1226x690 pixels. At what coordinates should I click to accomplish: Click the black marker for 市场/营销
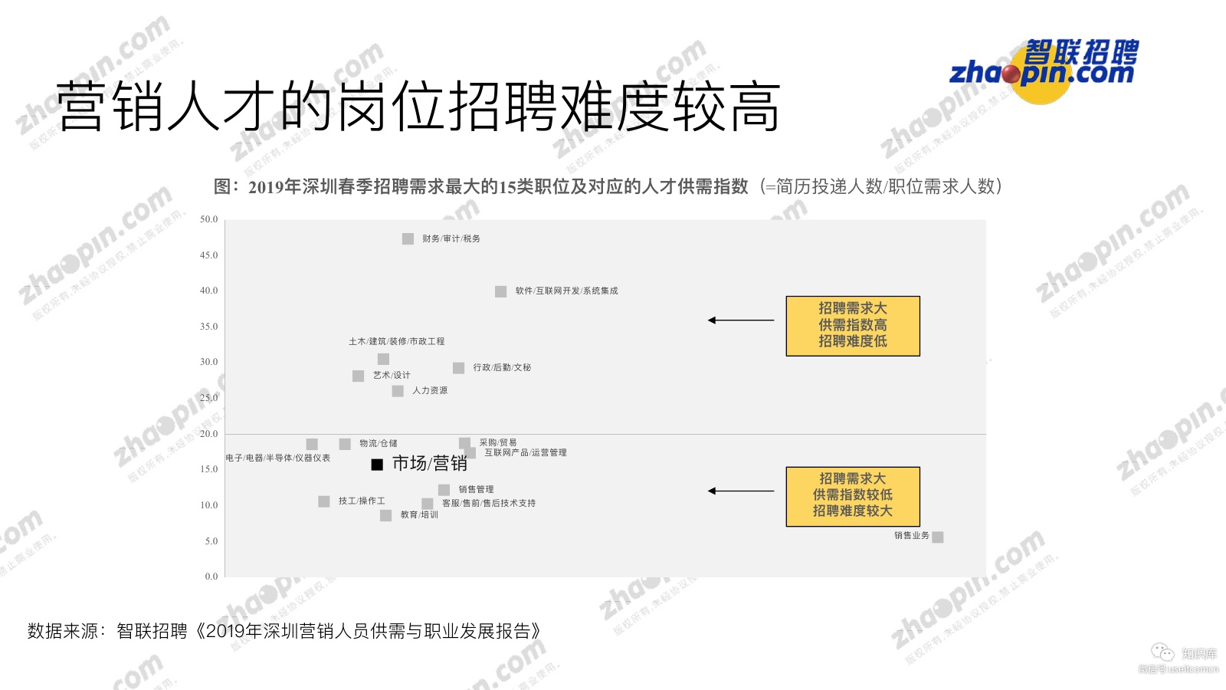point(377,465)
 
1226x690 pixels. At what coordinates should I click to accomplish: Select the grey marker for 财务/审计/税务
point(408,239)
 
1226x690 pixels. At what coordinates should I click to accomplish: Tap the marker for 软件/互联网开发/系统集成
point(500,291)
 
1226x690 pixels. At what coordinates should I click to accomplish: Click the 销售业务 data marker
point(938,537)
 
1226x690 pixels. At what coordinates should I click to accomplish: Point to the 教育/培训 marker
point(385,515)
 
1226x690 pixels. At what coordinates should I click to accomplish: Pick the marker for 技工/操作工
point(324,501)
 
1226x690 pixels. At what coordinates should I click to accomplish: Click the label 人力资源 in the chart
point(430,391)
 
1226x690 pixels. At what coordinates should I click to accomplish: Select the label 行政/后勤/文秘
point(502,368)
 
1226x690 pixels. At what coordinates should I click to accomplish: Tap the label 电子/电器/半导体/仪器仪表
point(278,458)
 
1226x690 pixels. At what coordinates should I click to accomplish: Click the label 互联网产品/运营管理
point(526,453)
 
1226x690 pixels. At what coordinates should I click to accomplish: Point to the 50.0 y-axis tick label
point(208,219)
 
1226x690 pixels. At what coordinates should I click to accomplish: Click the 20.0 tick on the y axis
point(208,434)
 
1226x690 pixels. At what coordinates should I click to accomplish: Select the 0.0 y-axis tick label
point(211,577)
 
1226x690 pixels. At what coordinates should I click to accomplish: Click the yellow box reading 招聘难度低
point(853,326)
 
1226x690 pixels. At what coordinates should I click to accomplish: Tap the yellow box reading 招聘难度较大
point(853,496)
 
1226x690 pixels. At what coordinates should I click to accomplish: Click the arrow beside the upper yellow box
point(741,320)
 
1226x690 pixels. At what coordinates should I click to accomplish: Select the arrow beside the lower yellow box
point(741,491)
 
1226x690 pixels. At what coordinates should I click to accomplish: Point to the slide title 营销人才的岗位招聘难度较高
point(418,107)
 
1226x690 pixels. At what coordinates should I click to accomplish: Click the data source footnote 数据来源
point(284,631)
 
